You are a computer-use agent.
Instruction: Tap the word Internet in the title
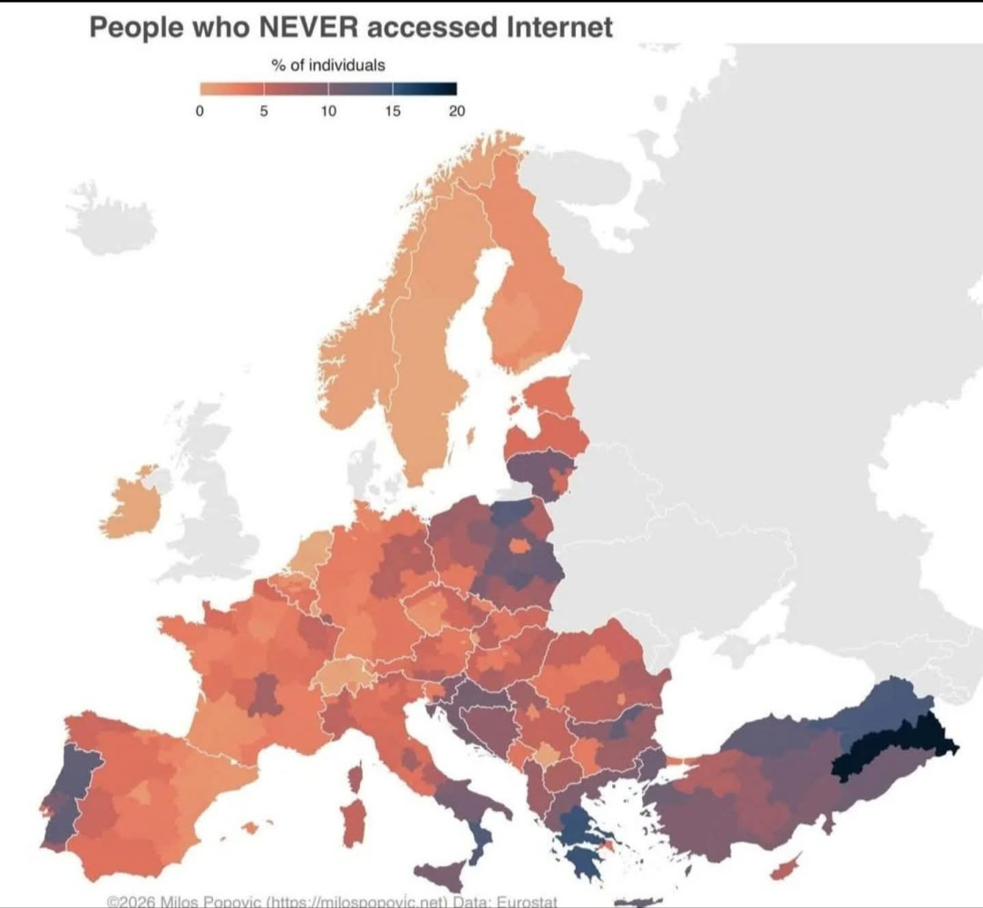(x=558, y=27)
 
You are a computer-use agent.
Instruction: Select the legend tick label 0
(x=200, y=112)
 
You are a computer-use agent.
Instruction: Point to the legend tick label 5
(x=264, y=112)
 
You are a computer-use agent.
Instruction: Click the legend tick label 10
(x=327, y=112)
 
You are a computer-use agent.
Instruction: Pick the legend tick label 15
(x=392, y=112)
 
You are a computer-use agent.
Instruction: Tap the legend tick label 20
(x=456, y=112)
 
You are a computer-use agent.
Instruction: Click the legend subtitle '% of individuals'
(x=327, y=65)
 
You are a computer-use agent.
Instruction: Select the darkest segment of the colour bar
(x=441, y=89)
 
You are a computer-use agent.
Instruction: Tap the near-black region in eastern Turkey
(x=893, y=747)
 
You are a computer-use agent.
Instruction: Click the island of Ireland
(x=131, y=503)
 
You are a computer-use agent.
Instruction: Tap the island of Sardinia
(x=353, y=821)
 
